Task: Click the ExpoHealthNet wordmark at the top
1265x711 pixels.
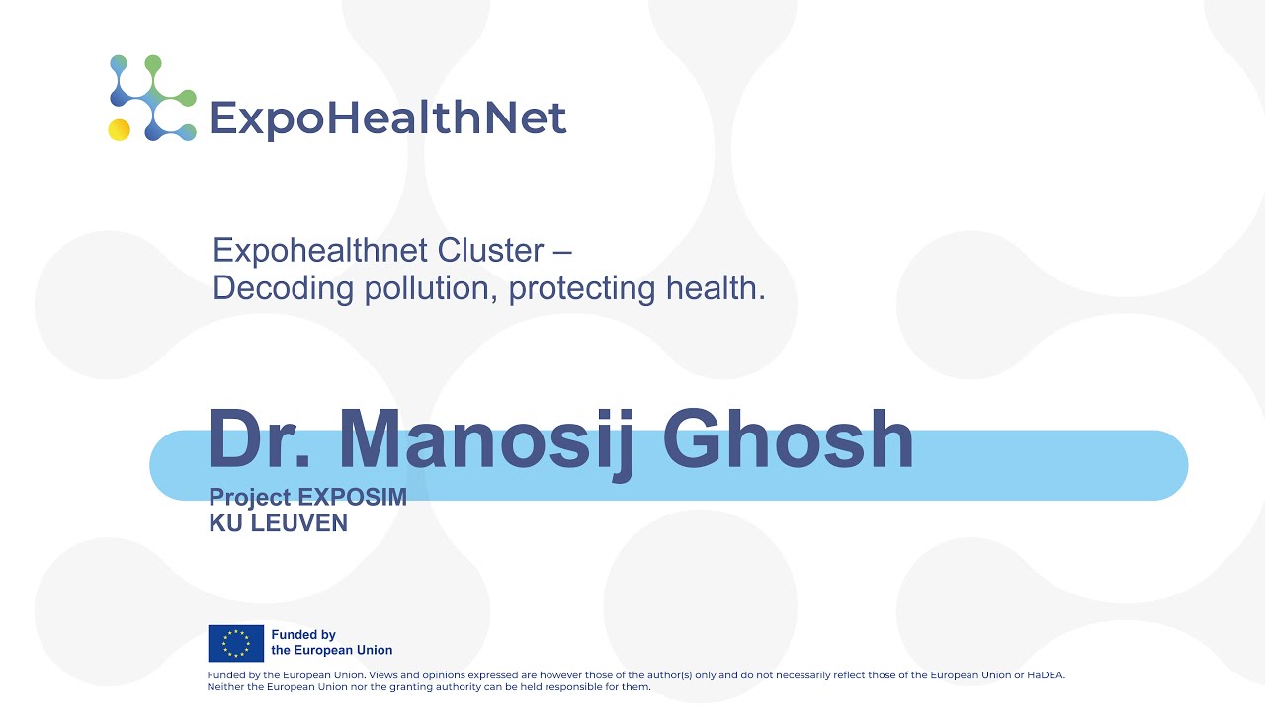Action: pos(387,118)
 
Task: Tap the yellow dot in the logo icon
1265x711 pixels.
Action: pos(120,129)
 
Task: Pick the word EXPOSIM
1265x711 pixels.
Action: pos(353,498)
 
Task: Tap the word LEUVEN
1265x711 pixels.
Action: pos(299,523)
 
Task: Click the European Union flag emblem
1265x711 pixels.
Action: pos(235,643)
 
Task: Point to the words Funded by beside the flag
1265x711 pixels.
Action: pos(303,635)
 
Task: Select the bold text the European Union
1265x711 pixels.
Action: pos(332,650)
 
